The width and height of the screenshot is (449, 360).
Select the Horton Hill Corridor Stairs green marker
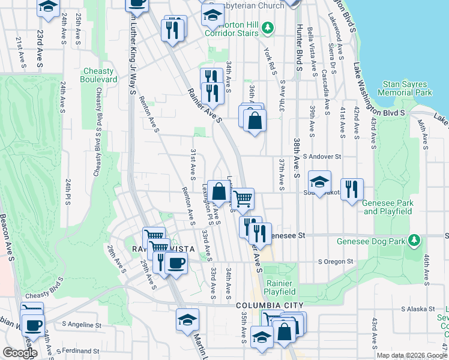pyautogui.click(x=267, y=27)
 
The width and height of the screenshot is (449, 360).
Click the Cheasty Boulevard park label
pyautogui.click(x=99, y=75)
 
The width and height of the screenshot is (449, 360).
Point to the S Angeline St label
pyautogui.click(x=82, y=325)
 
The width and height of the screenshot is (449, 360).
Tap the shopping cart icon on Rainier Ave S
pyautogui.click(x=243, y=198)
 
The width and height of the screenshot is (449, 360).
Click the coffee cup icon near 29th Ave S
pyautogui.click(x=176, y=262)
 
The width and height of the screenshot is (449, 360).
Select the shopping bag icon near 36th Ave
pyautogui.click(x=255, y=120)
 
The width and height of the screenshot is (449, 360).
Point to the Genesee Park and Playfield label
pyautogui.click(x=388, y=207)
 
